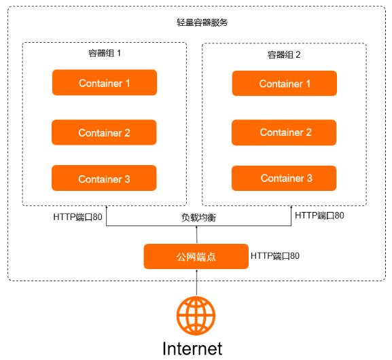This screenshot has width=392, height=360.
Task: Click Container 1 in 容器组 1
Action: (x=105, y=83)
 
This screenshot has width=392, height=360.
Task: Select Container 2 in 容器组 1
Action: (x=105, y=132)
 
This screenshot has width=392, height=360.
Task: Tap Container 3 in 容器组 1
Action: (x=105, y=179)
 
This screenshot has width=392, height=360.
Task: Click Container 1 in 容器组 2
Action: (x=285, y=84)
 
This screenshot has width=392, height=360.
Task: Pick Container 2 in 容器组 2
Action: (x=285, y=132)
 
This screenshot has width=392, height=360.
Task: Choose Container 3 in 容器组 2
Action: (x=285, y=178)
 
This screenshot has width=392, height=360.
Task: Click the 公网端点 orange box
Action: (x=195, y=256)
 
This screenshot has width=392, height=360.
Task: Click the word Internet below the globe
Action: (x=192, y=348)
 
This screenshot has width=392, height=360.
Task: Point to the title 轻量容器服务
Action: (x=198, y=22)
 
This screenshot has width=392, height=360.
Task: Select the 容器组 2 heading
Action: (x=284, y=54)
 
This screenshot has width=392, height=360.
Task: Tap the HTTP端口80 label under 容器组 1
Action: (x=78, y=218)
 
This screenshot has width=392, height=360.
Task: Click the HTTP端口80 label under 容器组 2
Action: (x=319, y=215)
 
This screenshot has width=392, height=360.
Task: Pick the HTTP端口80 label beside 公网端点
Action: (x=275, y=256)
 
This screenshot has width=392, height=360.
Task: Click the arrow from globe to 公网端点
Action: (x=196, y=282)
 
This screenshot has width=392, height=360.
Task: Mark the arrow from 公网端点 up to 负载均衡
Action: (x=196, y=235)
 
